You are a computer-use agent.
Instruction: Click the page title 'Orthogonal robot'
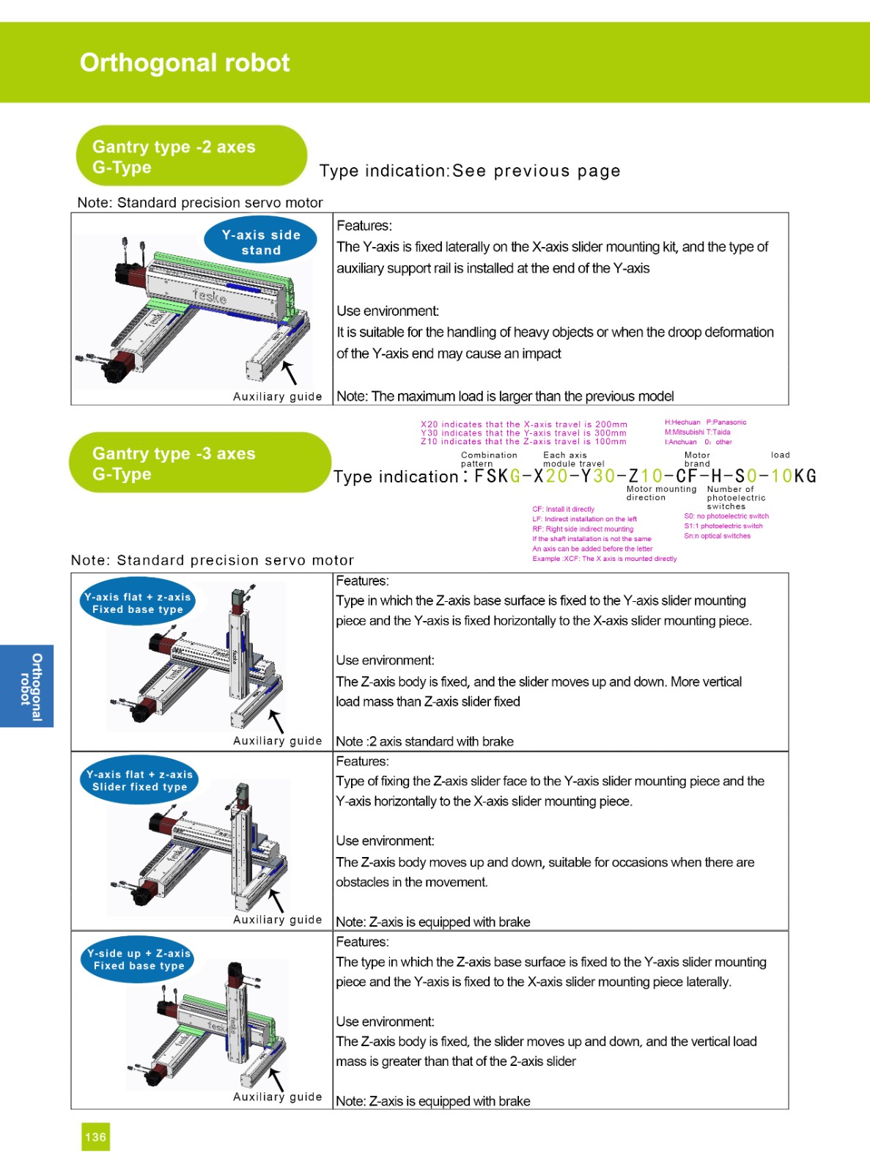185,63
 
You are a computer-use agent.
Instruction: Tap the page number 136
95,1137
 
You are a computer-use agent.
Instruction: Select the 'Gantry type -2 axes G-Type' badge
191,156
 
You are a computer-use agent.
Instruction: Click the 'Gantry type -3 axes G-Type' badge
199,463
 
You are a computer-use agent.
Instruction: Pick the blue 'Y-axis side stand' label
261,242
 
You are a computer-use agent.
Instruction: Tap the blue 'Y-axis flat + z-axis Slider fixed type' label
139,780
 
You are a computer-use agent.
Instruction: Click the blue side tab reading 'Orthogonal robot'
26,686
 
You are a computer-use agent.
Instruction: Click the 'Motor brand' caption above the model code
697,460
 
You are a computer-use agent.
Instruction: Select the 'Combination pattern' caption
489,460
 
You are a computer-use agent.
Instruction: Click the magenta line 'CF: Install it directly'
564,509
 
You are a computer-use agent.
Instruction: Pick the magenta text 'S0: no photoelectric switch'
726,516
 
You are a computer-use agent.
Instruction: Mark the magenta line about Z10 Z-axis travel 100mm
523,442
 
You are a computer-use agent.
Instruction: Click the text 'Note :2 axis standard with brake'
424,741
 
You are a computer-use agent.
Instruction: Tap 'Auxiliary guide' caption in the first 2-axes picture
277,397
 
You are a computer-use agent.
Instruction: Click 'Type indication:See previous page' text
470,172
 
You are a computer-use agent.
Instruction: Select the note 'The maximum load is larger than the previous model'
505,397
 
